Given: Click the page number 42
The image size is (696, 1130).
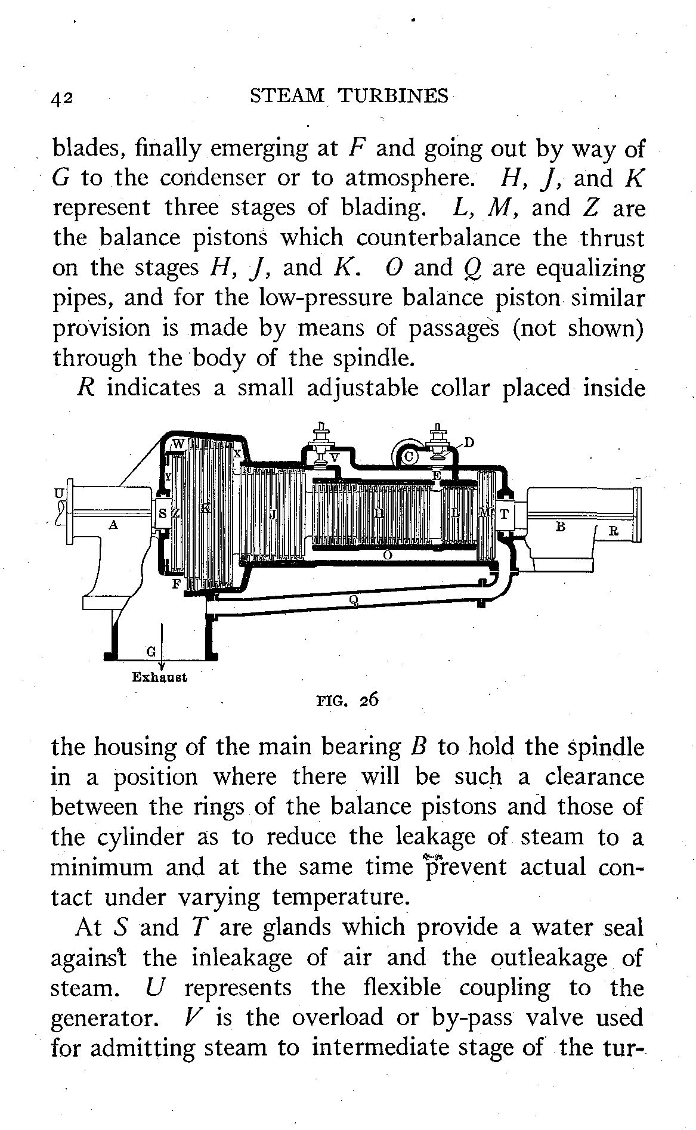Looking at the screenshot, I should tap(62, 97).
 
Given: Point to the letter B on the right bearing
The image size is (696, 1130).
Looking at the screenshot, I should tap(559, 527).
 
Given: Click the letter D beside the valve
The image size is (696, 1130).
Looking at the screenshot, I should tap(469, 442).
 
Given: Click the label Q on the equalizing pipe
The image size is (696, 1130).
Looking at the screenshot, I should tap(354, 599).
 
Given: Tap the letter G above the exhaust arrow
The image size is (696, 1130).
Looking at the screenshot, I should tap(151, 651).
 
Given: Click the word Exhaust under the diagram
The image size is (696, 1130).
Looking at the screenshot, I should tap(159, 677).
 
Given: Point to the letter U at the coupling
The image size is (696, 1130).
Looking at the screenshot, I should tap(58, 493).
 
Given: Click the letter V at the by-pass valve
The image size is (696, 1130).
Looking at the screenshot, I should tap(335, 457).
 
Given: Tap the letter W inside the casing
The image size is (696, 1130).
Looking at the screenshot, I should tap(178, 444).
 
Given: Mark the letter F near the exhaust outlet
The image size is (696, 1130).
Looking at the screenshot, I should tap(176, 584).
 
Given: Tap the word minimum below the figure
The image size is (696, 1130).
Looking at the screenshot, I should tap(101, 867).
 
